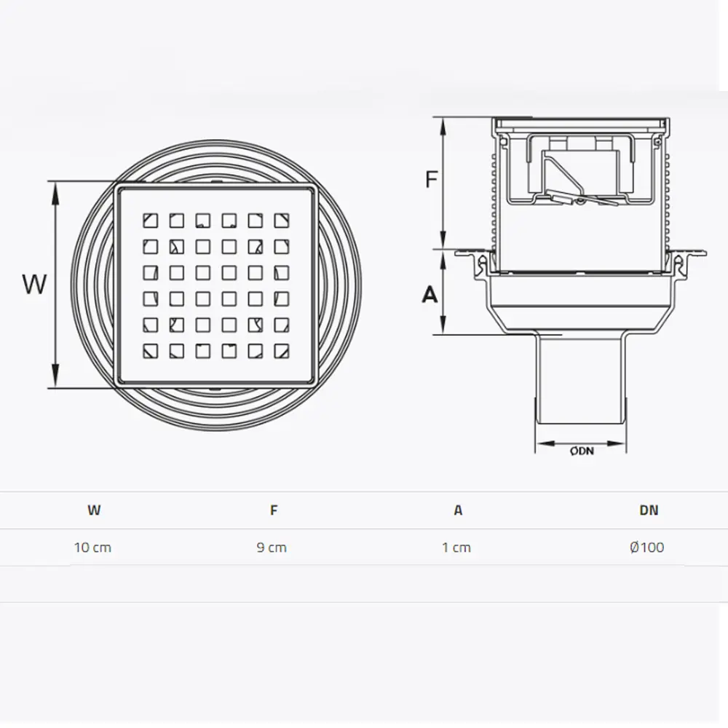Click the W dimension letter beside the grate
[x=35, y=284]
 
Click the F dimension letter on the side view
[x=432, y=179]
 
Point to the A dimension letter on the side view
[x=430, y=294]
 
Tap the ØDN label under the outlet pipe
[x=582, y=451]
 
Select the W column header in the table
[x=94, y=510]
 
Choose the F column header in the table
[x=274, y=510]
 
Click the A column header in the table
[x=458, y=510]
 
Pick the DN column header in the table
[x=649, y=510]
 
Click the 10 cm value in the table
[x=93, y=547]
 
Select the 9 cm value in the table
[x=272, y=547]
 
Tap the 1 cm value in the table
[x=456, y=547]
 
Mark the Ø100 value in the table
[x=647, y=547]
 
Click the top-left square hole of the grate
[x=150, y=220]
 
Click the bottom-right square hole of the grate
[x=281, y=351]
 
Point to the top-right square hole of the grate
[x=281, y=220]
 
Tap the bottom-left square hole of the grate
[x=150, y=351]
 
